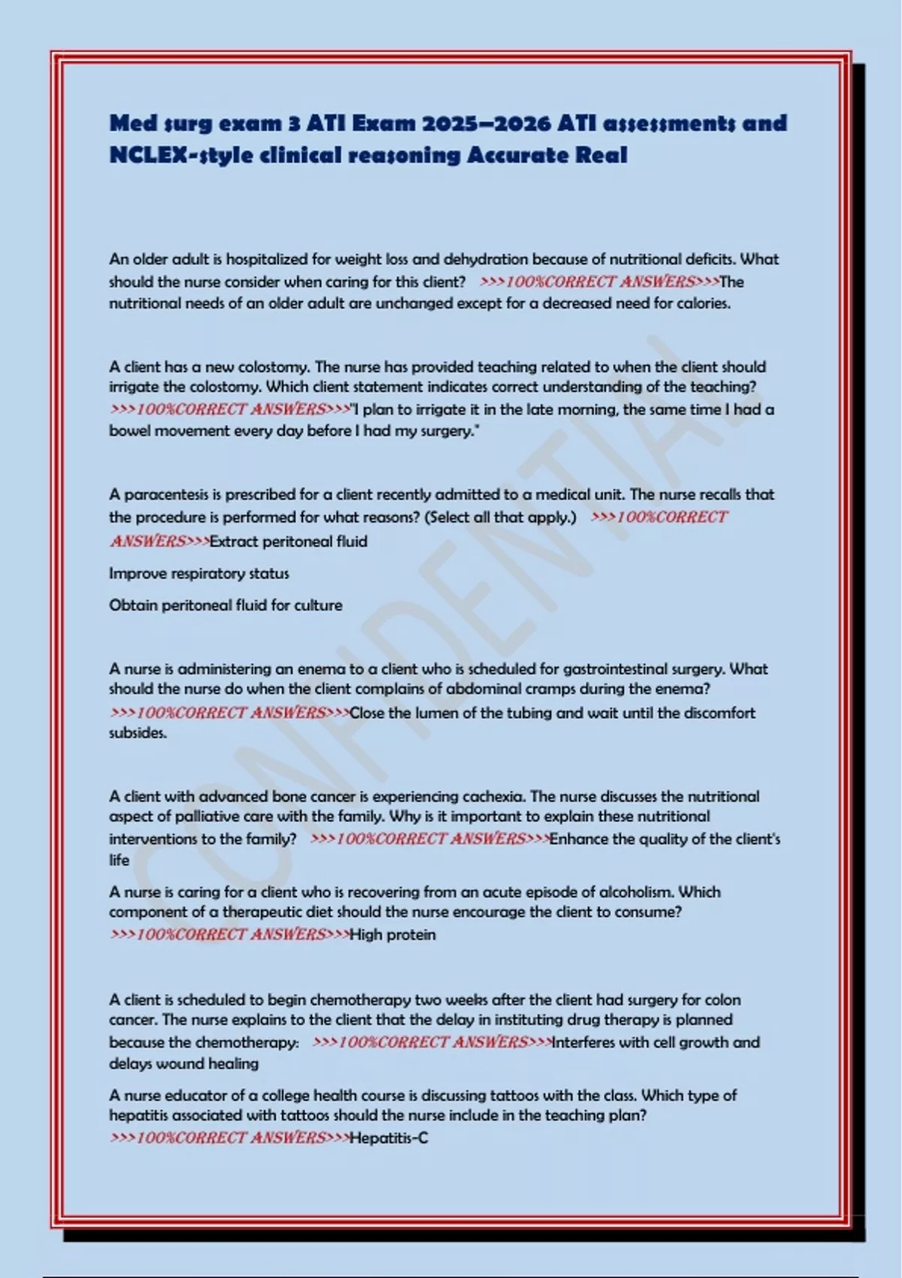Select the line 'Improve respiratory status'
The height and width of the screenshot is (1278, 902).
coord(198,574)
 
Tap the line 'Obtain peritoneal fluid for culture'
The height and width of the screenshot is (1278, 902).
coord(225,605)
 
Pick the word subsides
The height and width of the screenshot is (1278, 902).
coord(138,733)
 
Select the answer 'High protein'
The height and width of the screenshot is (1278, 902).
coord(392,935)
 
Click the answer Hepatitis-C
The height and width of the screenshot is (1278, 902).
coord(389,1138)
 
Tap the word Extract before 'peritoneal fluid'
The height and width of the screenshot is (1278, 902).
coord(234,541)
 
